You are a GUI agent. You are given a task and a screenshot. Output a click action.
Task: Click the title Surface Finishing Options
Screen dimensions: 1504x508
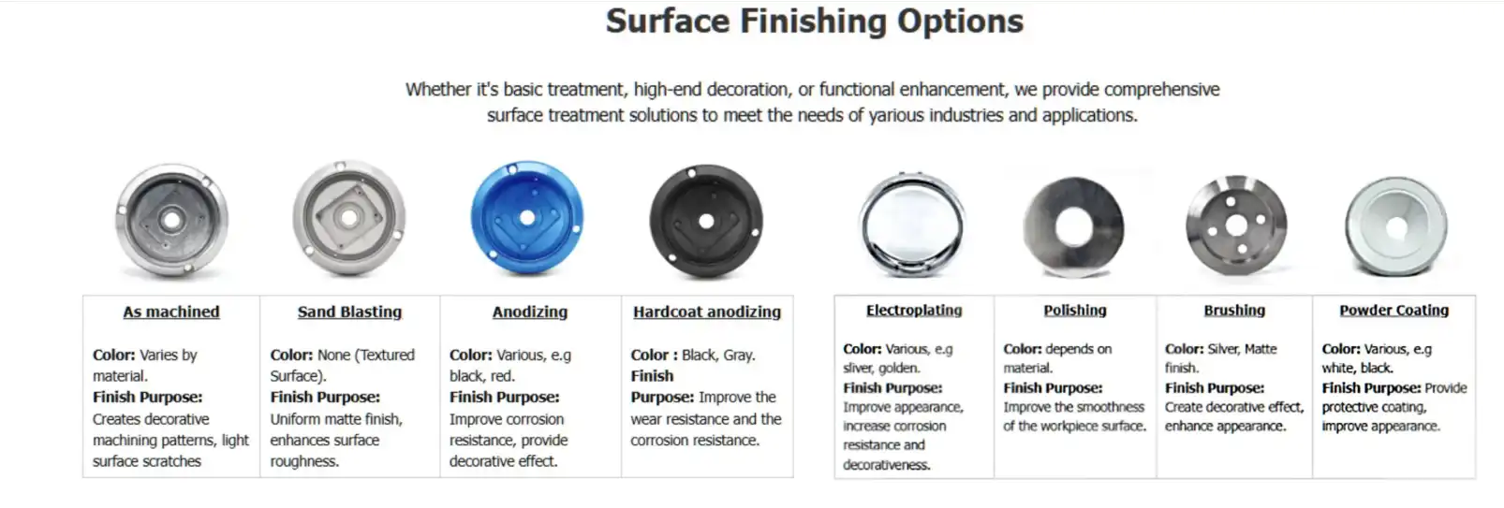pyautogui.click(x=815, y=22)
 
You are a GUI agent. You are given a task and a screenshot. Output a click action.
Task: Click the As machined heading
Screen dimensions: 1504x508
pyautogui.click(x=171, y=312)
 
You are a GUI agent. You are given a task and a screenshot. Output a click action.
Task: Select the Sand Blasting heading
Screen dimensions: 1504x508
pyautogui.click(x=350, y=312)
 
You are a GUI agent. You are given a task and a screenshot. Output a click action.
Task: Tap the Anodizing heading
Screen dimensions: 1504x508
pyautogui.click(x=530, y=312)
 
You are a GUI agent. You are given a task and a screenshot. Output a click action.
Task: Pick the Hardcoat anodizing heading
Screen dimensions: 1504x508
pyautogui.click(x=707, y=312)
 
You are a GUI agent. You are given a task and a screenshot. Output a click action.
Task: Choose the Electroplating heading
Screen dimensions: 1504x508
pyautogui.click(x=914, y=310)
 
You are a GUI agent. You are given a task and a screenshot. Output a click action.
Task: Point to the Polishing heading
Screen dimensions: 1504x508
pyautogui.click(x=1075, y=310)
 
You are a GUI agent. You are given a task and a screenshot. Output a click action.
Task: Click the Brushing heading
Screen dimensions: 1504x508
pyautogui.click(x=1234, y=310)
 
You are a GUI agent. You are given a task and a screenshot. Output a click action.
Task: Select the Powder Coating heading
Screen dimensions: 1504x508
pyautogui.click(x=1393, y=310)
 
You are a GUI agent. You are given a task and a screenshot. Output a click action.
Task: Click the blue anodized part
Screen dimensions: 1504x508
pyautogui.click(x=527, y=217)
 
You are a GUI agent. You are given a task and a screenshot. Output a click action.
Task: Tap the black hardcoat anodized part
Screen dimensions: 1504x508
pyautogui.click(x=706, y=221)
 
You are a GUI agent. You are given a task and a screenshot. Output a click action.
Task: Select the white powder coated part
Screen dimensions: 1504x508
pyautogui.click(x=1396, y=226)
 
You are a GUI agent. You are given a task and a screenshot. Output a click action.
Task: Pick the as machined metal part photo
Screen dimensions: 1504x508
pyautogui.click(x=172, y=220)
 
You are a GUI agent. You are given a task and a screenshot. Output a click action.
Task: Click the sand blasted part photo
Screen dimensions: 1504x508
pyautogui.click(x=349, y=217)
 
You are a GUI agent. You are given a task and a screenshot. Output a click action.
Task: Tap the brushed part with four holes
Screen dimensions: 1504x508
pyautogui.click(x=1236, y=225)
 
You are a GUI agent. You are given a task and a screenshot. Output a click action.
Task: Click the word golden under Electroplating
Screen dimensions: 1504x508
pyautogui.click(x=899, y=368)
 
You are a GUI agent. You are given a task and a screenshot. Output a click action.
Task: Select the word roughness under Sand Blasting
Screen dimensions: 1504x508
pyautogui.click(x=304, y=462)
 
